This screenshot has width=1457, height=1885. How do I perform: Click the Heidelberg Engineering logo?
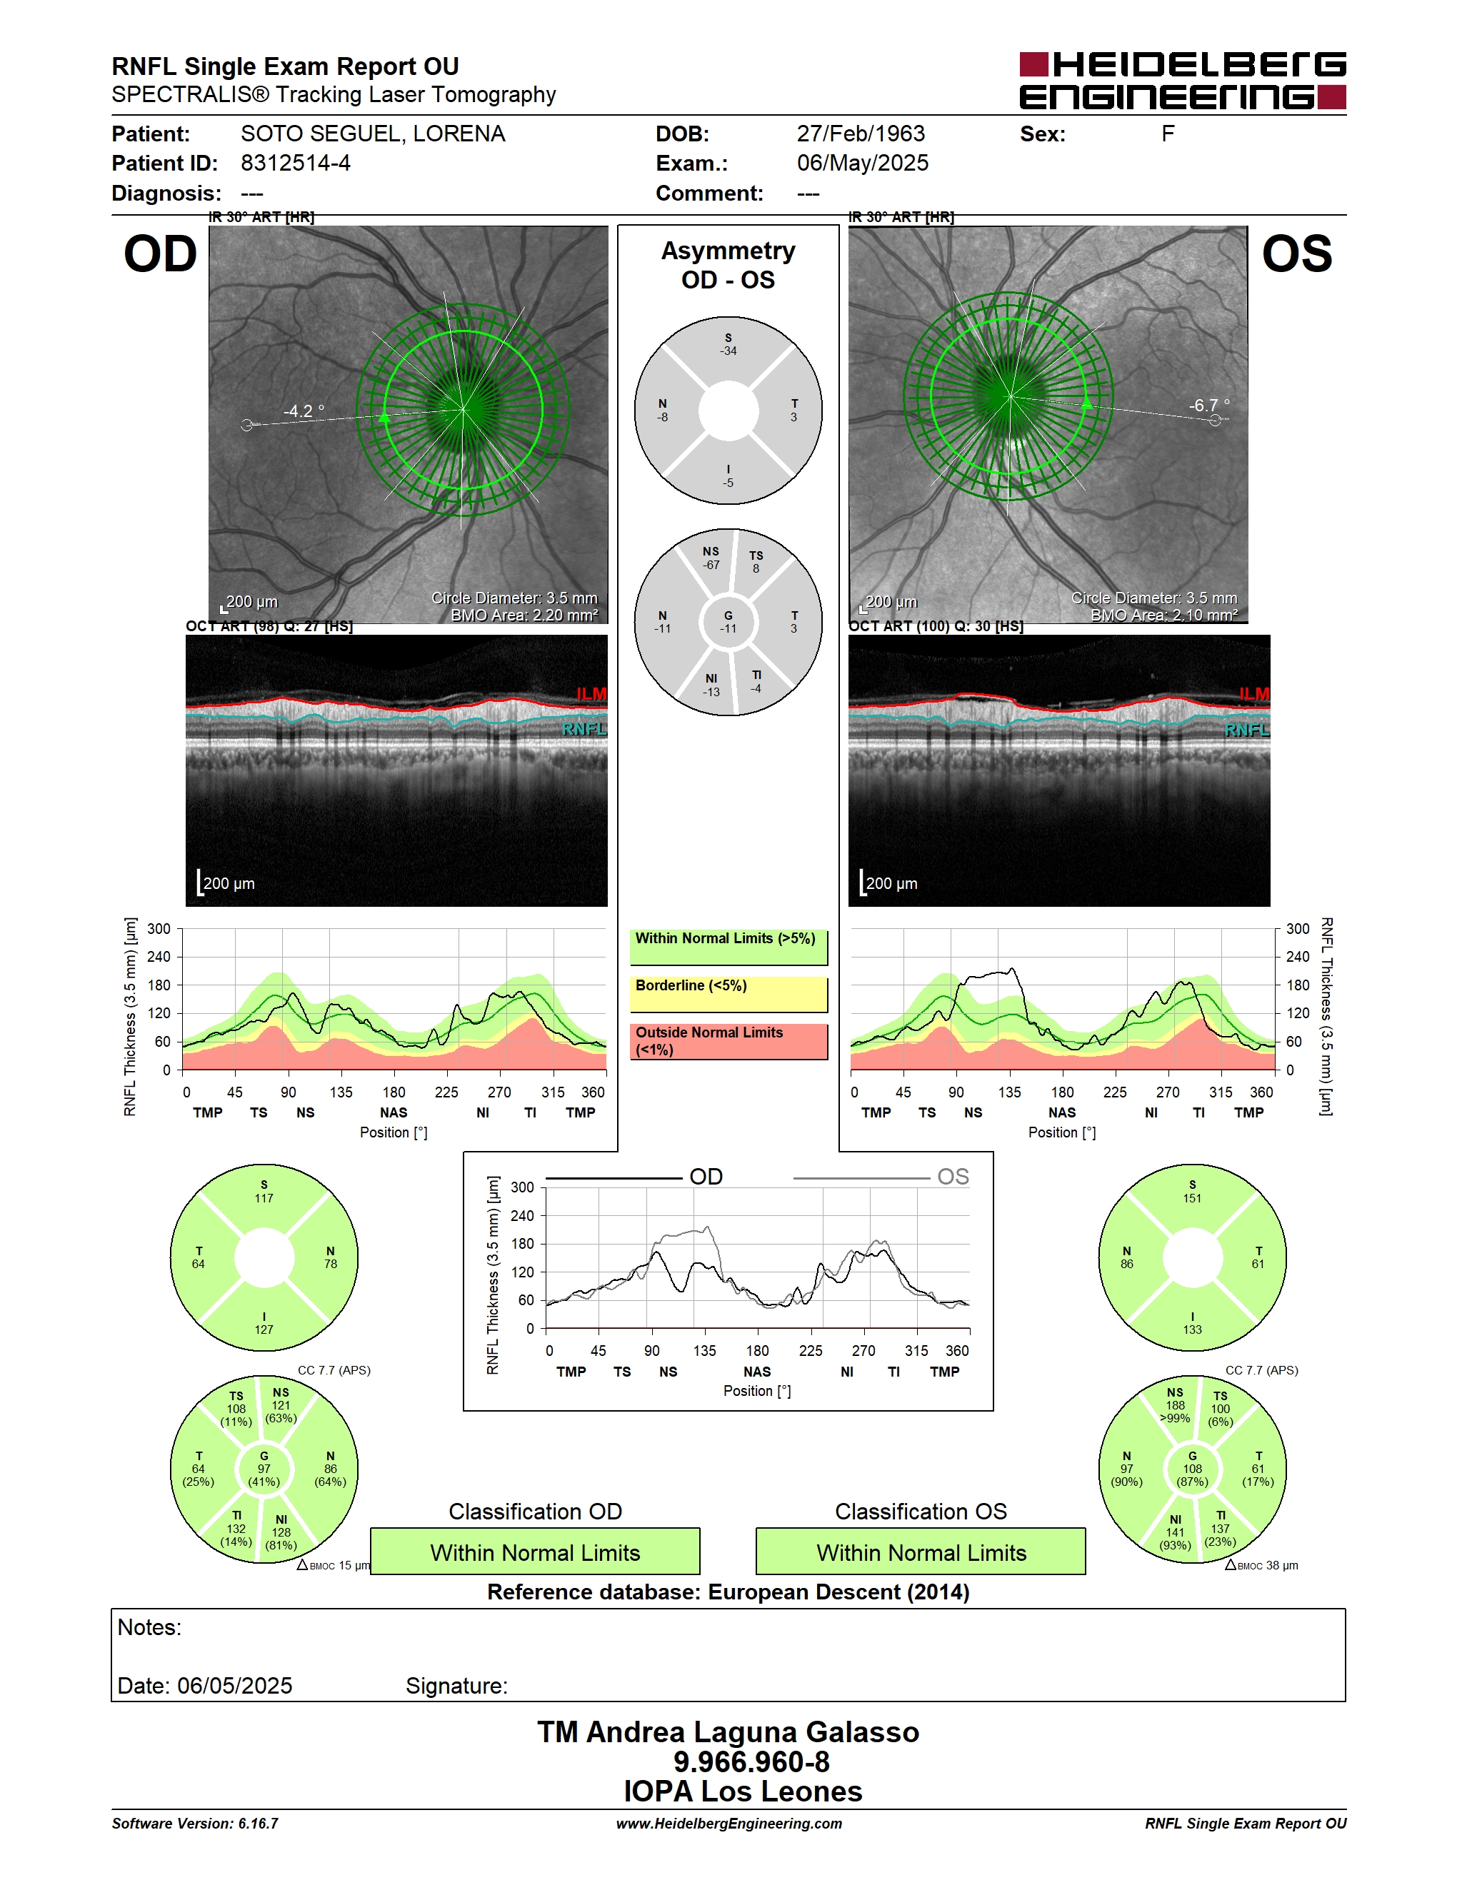(x=1183, y=80)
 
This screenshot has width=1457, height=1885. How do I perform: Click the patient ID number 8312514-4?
(x=295, y=163)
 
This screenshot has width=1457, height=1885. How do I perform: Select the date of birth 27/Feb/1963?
(x=861, y=134)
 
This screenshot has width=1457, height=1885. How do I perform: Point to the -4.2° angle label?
(x=304, y=411)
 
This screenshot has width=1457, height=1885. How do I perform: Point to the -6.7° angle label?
(x=1209, y=405)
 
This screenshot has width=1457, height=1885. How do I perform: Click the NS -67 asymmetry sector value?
(x=711, y=558)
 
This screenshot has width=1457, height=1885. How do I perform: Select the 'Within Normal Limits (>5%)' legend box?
(x=728, y=947)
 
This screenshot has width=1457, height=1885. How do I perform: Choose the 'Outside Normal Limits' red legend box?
(x=728, y=1041)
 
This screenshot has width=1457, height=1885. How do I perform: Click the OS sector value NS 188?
(x=1175, y=1405)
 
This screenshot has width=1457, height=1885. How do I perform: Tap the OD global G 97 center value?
(x=264, y=1468)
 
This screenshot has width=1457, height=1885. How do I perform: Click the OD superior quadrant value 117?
(x=264, y=1191)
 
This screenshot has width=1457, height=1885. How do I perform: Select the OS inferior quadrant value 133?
(x=1192, y=1322)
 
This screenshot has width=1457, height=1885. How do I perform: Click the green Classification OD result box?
(x=535, y=1552)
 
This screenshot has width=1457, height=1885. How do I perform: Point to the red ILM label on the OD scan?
(x=591, y=694)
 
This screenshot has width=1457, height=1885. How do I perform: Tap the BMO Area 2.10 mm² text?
(x=1163, y=615)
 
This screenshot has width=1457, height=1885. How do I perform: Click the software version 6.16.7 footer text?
(x=195, y=1823)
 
